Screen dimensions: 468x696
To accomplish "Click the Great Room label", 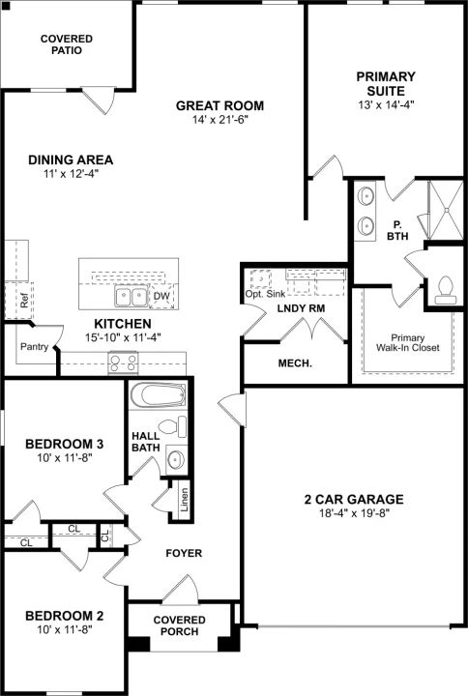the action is point(219,105).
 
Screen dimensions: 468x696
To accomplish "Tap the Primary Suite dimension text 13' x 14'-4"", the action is point(386,105).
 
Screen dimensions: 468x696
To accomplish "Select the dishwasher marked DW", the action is point(161,296).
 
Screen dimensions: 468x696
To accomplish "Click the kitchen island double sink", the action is point(131,296).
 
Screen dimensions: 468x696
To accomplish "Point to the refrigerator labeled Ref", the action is point(19,300).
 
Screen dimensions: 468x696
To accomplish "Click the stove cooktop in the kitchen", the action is point(124,362).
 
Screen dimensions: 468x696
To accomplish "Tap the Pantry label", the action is point(34,347).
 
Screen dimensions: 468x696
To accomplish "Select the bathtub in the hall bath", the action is point(158,395).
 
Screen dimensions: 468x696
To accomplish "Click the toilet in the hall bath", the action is point(172,427).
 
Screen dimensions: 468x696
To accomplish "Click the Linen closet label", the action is point(185,500).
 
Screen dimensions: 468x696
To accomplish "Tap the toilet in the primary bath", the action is point(445,289).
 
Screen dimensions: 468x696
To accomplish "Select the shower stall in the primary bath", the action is point(445,210).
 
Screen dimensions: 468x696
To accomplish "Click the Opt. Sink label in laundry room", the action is point(266,294).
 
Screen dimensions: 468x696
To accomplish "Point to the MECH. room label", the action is point(295,363).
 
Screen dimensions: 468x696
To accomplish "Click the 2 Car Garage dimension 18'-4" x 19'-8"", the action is point(354,513).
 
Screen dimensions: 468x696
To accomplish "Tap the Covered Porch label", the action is point(180,625).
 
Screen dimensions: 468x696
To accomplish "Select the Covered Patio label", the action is point(67,44).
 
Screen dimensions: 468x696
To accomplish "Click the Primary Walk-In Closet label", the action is point(408,342).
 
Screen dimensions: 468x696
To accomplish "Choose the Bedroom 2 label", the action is point(65,616).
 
